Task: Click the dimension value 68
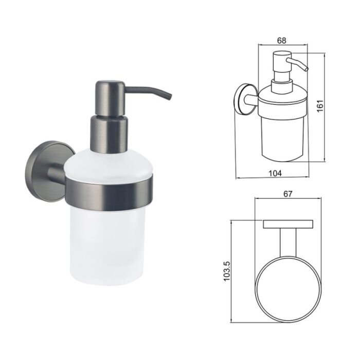click(282, 41)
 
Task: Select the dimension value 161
click(320, 106)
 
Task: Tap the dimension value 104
click(275, 173)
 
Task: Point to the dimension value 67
click(287, 194)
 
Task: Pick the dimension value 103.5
click(227, 271)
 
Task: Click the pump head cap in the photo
click(110, 98)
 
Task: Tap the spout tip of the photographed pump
click(169, 97)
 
